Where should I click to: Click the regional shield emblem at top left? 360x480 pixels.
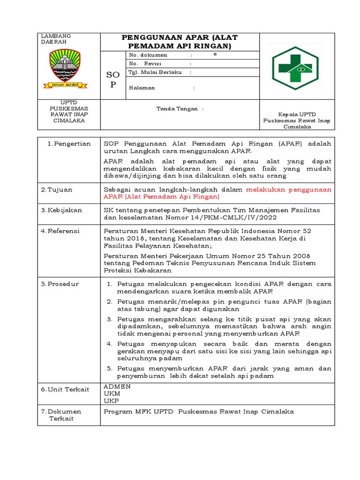pyautogui.click(x=64, y=69)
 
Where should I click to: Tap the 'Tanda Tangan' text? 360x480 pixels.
pyautogui.click(x=180, y=108)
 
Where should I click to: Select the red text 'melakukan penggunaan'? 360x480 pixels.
pyautogui.click(x=289, y=189)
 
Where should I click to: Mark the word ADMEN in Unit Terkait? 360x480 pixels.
pyautogui.click(x=117, y=386)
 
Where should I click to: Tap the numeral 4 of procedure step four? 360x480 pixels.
pyautogui.click(x=109, y=344)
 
